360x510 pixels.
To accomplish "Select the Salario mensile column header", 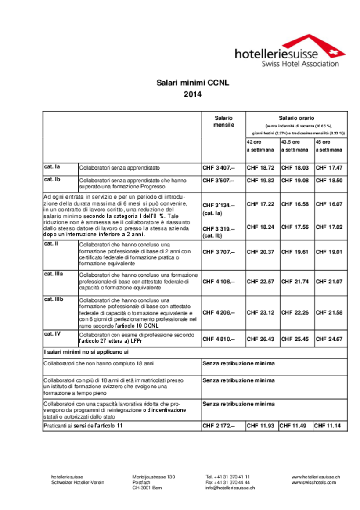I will click(x=223, y=122).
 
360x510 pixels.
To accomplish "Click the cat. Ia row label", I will click(x=52, y=167).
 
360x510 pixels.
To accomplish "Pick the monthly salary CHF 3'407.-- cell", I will click(x=219, y=168).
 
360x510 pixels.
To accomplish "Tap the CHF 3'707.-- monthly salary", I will click(x=219, y=252).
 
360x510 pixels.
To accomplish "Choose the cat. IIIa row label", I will click(x=54, y=274).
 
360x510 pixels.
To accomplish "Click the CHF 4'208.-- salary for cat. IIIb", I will click(x=219, y=312).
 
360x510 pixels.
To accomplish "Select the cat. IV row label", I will click(x=51, y=334).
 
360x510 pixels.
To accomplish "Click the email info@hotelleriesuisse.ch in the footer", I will click(x=230, y=488).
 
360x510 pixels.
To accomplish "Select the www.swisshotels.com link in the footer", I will click(x=313, y=482).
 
